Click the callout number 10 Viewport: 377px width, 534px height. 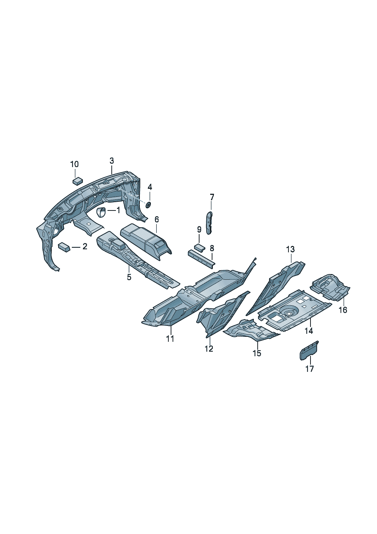click(74, 164)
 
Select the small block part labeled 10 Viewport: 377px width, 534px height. click(78, 180)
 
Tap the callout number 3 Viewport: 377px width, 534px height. click(112, 161)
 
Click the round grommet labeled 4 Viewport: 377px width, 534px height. click(148, 205)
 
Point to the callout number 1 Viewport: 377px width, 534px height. click(118, 210)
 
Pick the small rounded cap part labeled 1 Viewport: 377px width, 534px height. click(101, 212)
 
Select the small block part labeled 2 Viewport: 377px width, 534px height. click(64, 247)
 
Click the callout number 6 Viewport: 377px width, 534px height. click(157, 219)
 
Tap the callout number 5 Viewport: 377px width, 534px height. click(129, 277)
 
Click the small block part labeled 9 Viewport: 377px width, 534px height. click(200, 247)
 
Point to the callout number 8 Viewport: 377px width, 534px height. click(212, 248)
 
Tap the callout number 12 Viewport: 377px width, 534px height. click(209, 348)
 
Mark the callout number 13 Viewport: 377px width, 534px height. click(290, 249)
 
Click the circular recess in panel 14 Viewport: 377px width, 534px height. click(289, 313)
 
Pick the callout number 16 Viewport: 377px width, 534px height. click(343, 310)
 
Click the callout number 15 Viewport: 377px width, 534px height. click(257, 353)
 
